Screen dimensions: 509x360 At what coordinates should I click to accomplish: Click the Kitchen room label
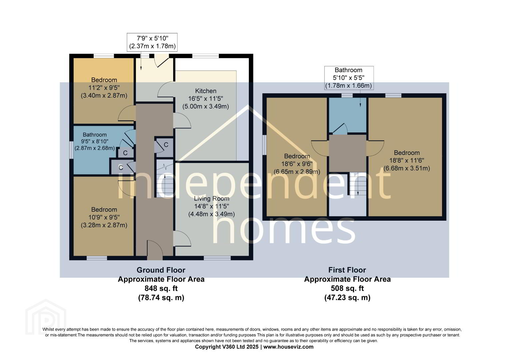point(206,91)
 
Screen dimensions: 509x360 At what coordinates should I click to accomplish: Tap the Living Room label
point(212,199)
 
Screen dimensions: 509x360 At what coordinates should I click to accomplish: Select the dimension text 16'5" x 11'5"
point(206,99)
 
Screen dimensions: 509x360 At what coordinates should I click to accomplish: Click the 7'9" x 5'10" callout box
point(152,42)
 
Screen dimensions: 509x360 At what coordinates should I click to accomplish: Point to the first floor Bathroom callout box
point(349,78)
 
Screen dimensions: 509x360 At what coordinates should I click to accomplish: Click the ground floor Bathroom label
point(95,135)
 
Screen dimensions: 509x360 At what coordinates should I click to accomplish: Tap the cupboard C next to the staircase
point(166,145)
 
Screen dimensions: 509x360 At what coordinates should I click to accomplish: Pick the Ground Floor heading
point(161,270)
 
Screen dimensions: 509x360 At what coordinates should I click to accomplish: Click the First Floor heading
point(347,270)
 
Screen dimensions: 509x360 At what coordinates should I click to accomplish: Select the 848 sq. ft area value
point(161,288)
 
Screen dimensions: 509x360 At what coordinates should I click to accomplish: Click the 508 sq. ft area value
point(347,288)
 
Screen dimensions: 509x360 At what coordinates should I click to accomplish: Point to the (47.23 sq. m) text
point(347,297)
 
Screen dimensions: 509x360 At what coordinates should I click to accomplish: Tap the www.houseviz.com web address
point(288,347)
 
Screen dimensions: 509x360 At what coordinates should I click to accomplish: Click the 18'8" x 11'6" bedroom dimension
point(407,161)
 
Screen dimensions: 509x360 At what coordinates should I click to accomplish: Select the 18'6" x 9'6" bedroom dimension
point(297,164)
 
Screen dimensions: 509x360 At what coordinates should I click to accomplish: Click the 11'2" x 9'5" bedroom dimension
point(104,88)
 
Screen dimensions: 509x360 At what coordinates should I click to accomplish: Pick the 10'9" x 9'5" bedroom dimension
point(104,217)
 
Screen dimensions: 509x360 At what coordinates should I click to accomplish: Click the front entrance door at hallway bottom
point(155,250)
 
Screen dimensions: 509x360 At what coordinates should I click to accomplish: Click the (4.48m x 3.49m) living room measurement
point(212,214)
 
